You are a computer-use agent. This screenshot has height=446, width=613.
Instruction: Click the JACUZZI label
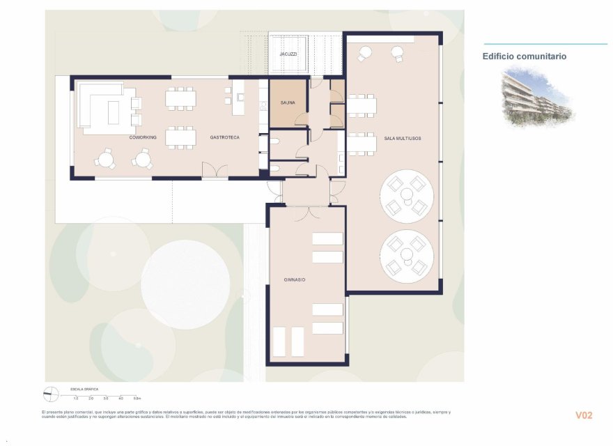coord(288,54)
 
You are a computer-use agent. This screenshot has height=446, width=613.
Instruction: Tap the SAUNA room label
coord(288,103)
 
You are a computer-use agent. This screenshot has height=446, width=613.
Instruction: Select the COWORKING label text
coord(142,138)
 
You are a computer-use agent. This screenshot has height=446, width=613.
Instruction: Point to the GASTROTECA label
coord(224,138)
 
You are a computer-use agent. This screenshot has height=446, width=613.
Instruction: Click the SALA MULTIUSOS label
coord(402,139)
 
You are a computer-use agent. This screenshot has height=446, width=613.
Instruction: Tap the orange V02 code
coord(583,415)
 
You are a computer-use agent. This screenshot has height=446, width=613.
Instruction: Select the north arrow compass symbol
coord(50,394)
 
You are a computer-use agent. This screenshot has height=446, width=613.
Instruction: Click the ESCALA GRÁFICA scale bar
coord(104,394)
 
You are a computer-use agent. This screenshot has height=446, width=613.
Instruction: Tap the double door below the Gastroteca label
coord(214,171)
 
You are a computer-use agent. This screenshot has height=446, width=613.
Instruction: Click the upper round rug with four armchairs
coord(407,195)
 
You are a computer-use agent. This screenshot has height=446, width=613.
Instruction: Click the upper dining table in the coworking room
coord(180,98)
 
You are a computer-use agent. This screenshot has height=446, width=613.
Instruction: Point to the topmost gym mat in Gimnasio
coord(327,239)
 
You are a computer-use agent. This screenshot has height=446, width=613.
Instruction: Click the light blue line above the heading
coord(545,44)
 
